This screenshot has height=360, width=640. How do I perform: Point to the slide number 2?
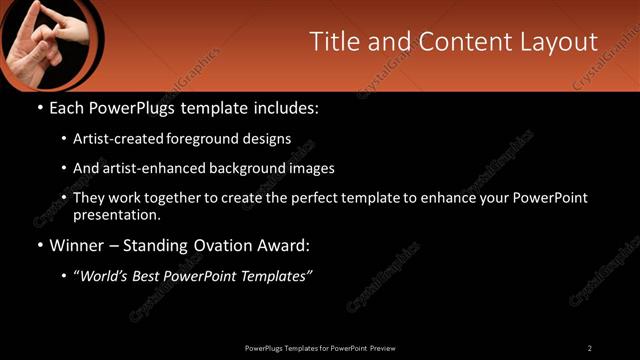tap(590, 348)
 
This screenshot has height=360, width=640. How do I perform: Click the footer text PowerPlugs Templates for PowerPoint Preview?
tap(320, 348)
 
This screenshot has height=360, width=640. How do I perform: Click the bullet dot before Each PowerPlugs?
tap(40, 106)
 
